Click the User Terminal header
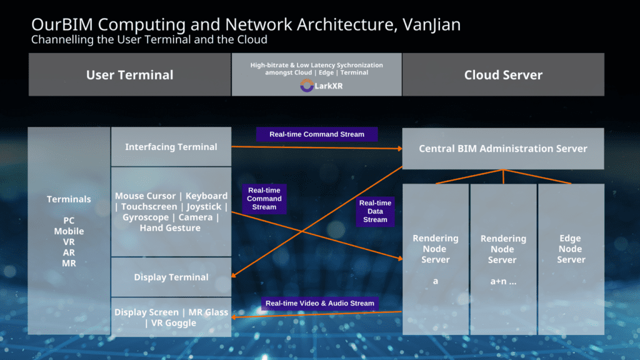point(129,75)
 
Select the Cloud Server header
point(503,75)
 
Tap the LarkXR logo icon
point(306,86)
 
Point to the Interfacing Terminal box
point(171,147)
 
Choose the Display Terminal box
point(171,277)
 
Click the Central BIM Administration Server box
point(502,149)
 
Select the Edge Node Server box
point(571,249)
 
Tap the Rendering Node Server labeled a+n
point(503,259)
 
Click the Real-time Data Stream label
point(375,211)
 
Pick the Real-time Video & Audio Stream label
point(319,303)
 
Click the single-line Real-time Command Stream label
point(316,134)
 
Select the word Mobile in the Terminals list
point(69,231)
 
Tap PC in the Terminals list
point(69,221)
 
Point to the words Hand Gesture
point(171,228)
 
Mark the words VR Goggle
point(174,323)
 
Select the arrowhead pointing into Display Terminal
point(234,276)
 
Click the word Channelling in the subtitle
point(59,40)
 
